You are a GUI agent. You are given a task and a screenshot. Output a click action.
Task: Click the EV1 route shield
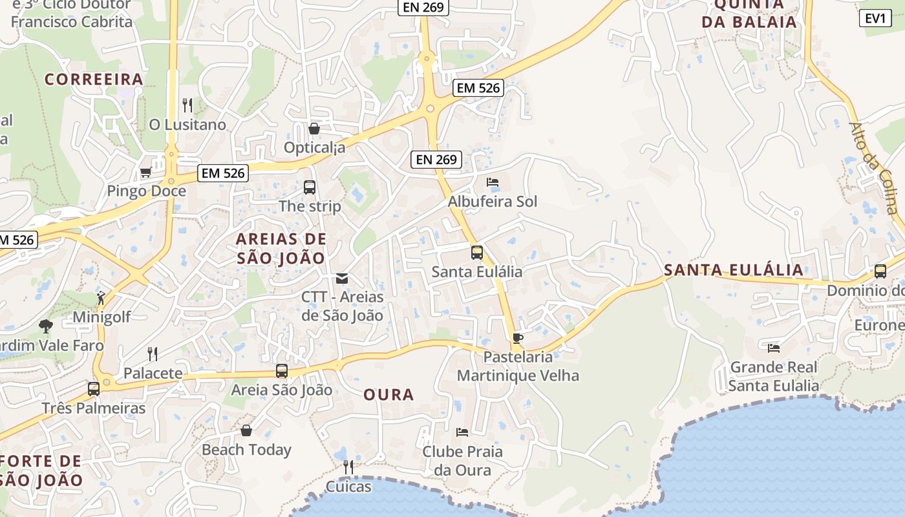tap(875, 18)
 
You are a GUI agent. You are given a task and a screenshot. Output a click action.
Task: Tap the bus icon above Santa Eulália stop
tap(477, 253)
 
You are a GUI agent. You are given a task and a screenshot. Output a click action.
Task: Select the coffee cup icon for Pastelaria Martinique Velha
tap(517, 337)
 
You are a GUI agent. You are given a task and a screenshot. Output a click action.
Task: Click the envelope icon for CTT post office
tap(342, 279)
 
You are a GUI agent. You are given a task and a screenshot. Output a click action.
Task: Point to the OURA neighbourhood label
tap(389, 394)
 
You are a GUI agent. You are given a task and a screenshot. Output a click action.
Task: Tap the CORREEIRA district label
tap(94, 79)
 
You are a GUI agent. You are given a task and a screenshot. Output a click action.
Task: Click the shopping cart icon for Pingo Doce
tap(146, 173)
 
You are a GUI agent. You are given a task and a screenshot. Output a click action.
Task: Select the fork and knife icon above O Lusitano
tap(187, 105)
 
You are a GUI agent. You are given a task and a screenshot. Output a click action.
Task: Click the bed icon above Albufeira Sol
tap(493, 182)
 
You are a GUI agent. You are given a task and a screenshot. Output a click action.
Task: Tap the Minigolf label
tap(101, 317)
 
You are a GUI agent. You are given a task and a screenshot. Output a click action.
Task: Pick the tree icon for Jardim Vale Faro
tap(45, 326)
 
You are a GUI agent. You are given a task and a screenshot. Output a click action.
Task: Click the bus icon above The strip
tap(310, 187)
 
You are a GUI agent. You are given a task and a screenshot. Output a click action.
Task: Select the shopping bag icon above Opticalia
tap(314, 129)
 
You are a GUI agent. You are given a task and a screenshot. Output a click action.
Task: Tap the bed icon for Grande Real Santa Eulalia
tap(774, 348)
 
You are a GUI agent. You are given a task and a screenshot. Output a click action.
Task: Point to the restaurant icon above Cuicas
tap(348, 467)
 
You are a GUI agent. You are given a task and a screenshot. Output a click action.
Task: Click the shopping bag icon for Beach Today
tap(246, 430)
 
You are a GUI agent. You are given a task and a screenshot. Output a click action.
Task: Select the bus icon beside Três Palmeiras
tap(94, 389)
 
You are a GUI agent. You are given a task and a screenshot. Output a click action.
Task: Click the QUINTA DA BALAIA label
tap(749, 13)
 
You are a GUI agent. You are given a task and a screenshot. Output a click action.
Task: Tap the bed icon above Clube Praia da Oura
tap(462, 432)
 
